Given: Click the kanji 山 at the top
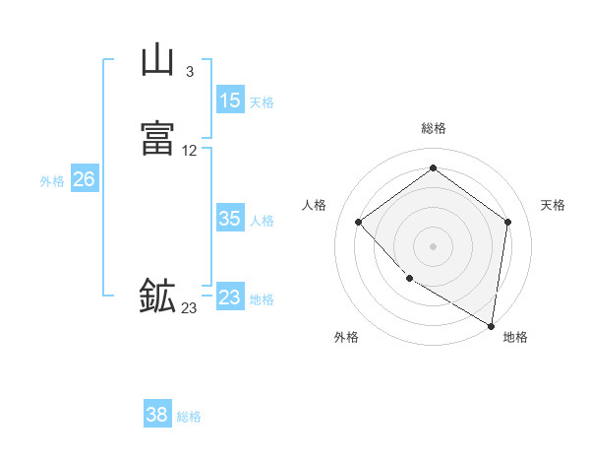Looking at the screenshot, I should (x=157, y=60).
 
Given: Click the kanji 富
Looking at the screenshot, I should (x=157, y=138).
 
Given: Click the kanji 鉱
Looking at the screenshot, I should (x=157, y=296).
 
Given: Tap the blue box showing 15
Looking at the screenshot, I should (x=230, y=100).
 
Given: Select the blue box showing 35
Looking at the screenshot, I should (x=230, y=220).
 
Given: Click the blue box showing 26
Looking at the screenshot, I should (x=84, y=180).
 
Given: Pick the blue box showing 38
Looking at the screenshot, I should (x=157, y=415).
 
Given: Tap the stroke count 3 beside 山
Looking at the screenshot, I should (x=189, y=72).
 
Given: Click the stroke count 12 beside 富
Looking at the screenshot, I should (x=190, y=151).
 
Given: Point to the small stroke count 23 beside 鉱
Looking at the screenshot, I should (x=189, y=308).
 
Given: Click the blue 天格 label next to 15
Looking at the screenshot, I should (x=262, y=102).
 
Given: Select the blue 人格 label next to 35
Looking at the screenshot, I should (x=262, y=221).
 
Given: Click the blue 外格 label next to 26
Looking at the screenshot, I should (x=52, y=181).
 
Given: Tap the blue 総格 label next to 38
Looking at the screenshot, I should (x=189, y=417).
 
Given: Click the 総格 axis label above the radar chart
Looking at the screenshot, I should (x=433, y=128).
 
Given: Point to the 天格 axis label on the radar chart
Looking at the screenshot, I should (x=553, y=205).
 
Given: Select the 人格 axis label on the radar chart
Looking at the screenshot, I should (x=314, y=205).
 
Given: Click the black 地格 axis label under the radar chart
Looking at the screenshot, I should (x=515, y=337).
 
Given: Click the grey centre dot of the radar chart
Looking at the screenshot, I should (x=433, y=245).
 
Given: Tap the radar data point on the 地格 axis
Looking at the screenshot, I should (x=491, y=325).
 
